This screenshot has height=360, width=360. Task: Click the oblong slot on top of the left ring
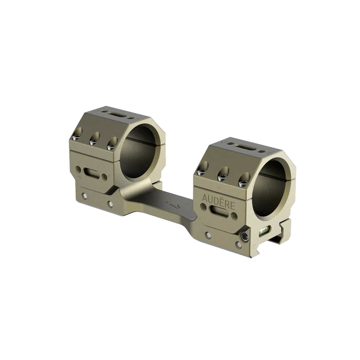coord(114,115)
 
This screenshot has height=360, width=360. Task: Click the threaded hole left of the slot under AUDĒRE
coord(204,207)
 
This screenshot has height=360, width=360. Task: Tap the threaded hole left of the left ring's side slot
coord(79,169)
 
